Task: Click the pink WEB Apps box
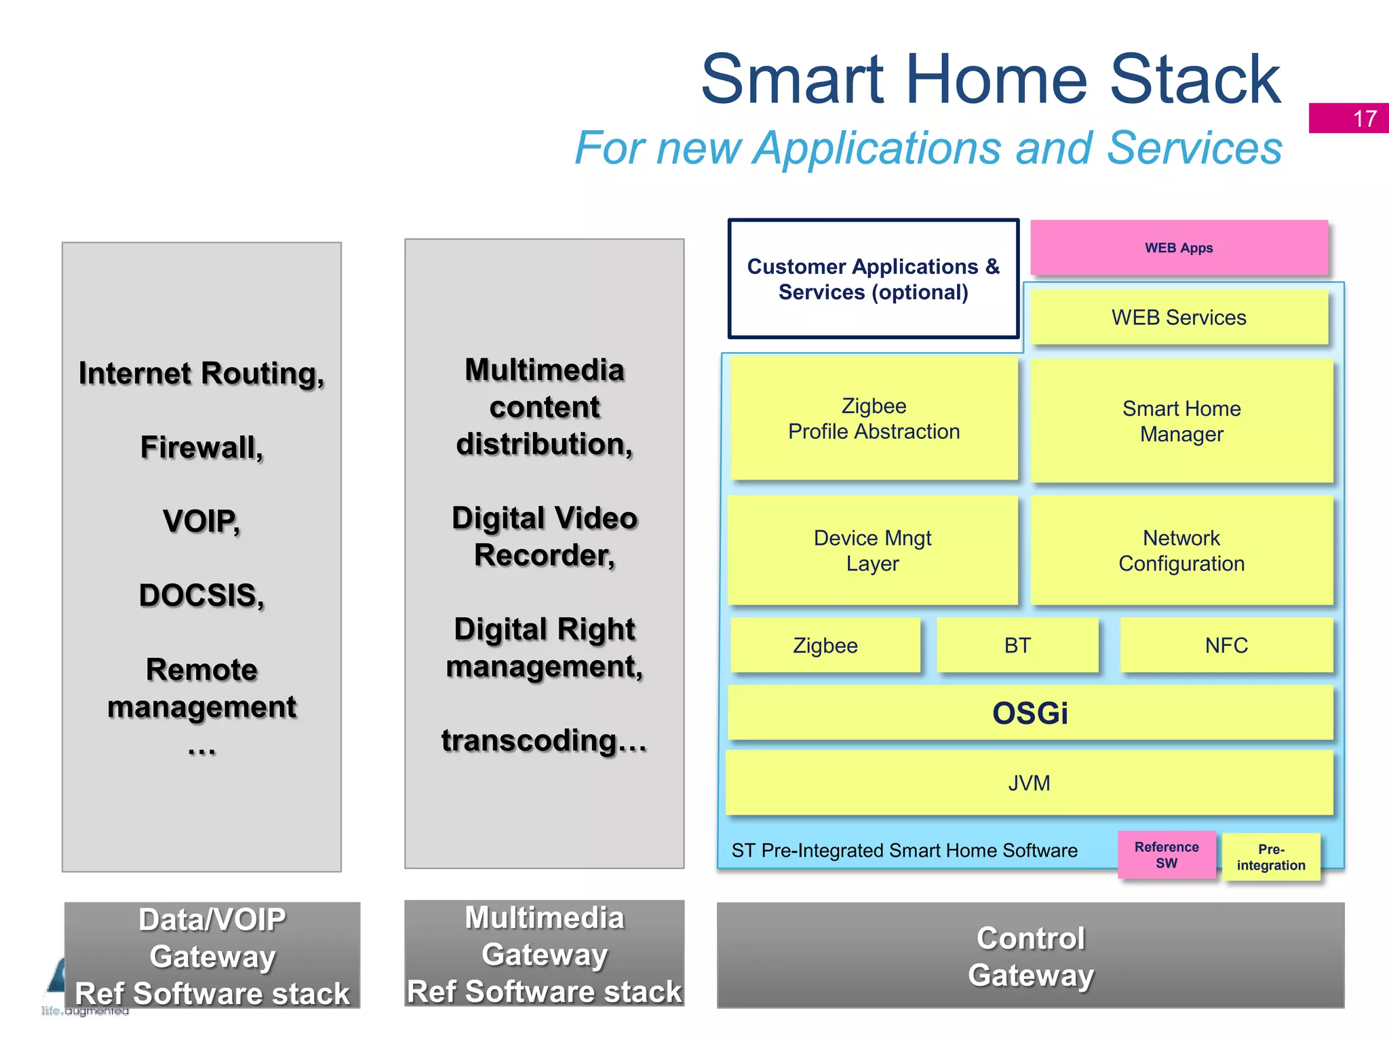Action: pos(1179,248)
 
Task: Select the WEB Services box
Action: pos(1179,317)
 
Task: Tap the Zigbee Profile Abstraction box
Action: pos(874,419)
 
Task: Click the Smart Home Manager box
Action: pos(1181,421)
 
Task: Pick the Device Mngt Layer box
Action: pos(872,550)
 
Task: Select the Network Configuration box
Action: pos(1181,550)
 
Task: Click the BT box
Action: pos(1017,645)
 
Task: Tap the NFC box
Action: pos(1226,645)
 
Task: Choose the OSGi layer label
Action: pos(1030,713)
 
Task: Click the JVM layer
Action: pos(1029,783)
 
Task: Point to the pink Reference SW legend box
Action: pos(1167,855)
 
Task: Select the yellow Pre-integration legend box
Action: pos(1271,857)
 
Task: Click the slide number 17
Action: pos(1365,119)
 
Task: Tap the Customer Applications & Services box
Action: pos(874,279)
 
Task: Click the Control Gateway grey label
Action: pos(1030,956)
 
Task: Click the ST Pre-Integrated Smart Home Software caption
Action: pos(904,850)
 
